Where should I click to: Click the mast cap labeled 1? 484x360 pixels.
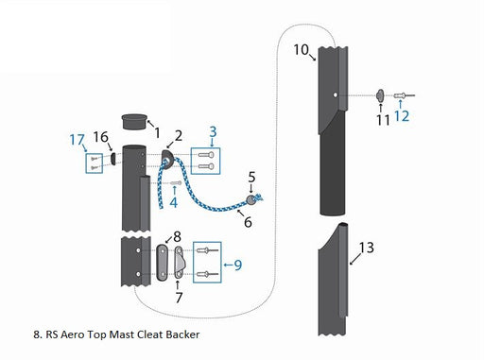pyautogui.click(x=134, y=122)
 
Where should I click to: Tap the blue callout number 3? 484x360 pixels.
pyautogui.click(x=213, y=131)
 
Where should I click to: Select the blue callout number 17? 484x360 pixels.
pyautogui.click(x=78, y=140)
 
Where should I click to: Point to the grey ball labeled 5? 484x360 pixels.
pyautogui.click(x=251, y=200)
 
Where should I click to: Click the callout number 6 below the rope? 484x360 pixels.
pyautogui.click(x=248, y=222)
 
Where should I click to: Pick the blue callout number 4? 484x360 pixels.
pyautogui.click(x=173, y=202)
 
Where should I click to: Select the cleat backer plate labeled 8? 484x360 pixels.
pyautogui.click(x=163, y=262)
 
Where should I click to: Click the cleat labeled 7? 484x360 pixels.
pyautogui.click(x=180, y=263)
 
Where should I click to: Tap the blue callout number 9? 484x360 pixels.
pyautogui.click(x=238, y=265)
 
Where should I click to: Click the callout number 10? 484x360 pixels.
pyautogui.click(x=301, y=49)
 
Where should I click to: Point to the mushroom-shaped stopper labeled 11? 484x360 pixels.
pyautogui.click(x=380, y=95)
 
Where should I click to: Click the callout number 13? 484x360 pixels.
pyautogui.click(x=367, y=248)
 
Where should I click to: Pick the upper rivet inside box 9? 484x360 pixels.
pyautogui.click(x=207, y=250)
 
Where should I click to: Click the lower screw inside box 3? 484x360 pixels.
pyautogui.click(x=206, y=166)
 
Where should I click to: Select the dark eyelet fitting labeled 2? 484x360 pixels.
pyautogui.click(x=167, y=158)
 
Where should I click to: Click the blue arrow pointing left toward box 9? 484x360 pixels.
pyautogui.click(x=228, y=265)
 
